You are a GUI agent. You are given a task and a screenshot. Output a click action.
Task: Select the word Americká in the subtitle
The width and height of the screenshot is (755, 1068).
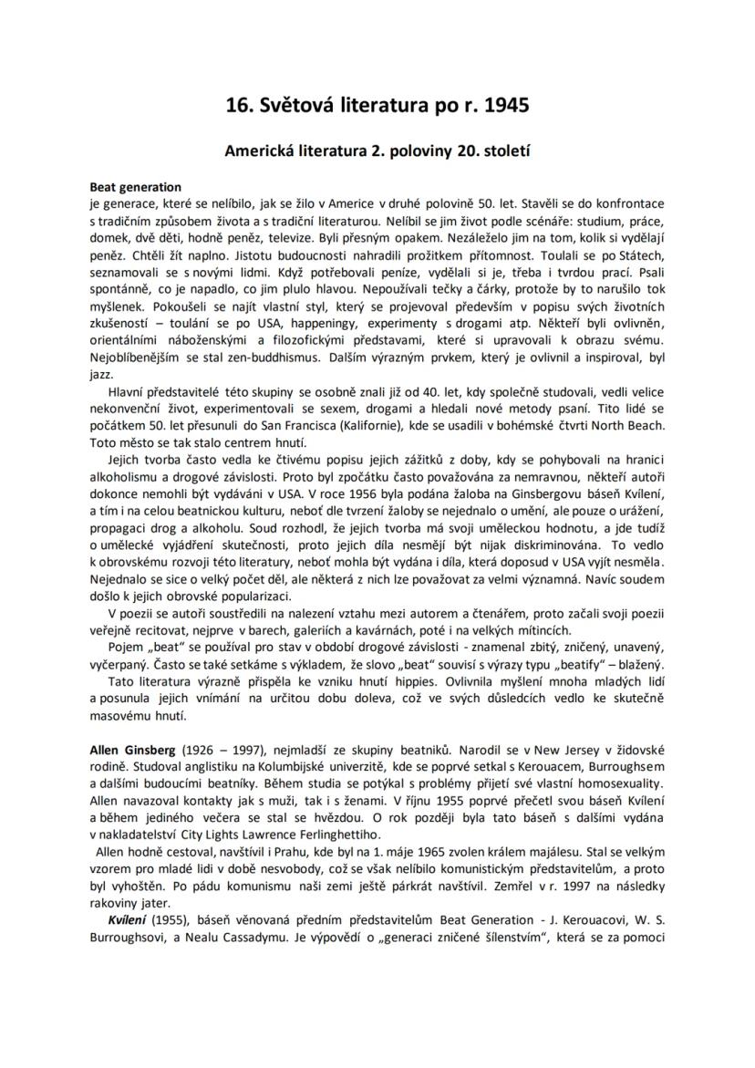pos(261,151)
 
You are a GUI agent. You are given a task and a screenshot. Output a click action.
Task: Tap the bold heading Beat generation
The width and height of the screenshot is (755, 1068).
pos(135,187)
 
